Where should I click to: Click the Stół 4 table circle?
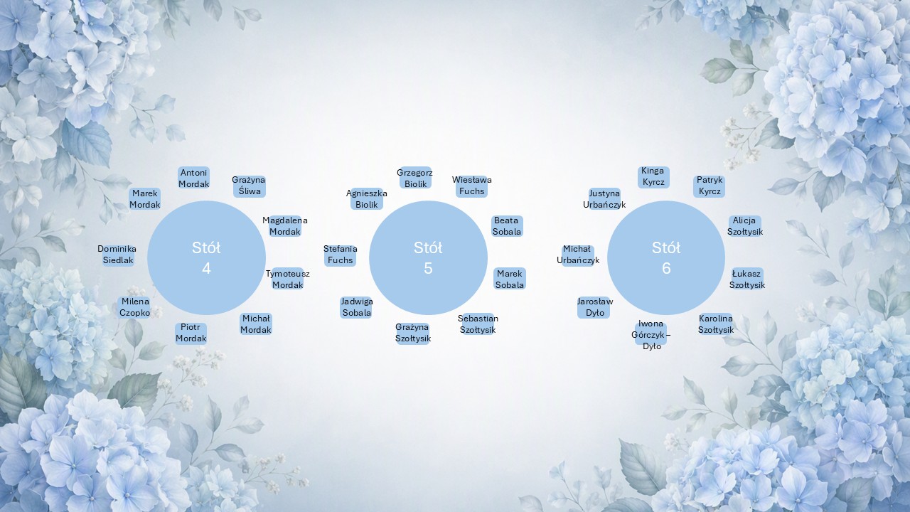pos(206,257)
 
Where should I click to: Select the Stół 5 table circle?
pos(428,257)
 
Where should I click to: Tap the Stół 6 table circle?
pos(666,257)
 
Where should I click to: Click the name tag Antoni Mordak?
pos(194,178)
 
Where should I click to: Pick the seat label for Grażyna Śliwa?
pos(249,186)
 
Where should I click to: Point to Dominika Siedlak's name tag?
pos(117,255)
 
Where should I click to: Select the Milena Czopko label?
pos(135,307)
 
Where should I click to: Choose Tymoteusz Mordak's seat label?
pos(288,279)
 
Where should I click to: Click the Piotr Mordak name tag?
pos(191,333)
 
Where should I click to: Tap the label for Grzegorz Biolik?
pos(415,178)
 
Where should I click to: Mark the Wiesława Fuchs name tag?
pos(471,186)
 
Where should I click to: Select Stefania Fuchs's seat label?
pos(340,255)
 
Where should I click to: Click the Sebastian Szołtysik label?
pos(478,324)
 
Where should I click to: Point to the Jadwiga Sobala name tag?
pos(356,307)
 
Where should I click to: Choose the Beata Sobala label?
pos(507,226)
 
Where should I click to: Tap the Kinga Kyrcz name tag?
pos(653,177)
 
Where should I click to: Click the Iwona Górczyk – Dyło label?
pos(651,335)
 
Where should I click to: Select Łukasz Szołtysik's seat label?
pos(746,279)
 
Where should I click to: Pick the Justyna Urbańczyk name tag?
pos(604,199)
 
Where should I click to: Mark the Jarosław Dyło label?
pos(595,307)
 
